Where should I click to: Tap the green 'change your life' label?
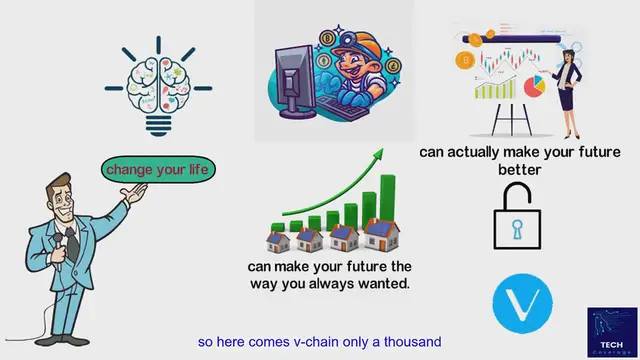pos(158,170)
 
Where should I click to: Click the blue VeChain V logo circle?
pos(523,301)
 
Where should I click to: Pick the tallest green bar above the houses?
pos(385,199)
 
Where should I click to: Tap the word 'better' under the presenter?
pos(519,170)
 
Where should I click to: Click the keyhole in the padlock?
pos(516,231)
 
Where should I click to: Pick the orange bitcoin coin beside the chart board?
pos(463,62)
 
